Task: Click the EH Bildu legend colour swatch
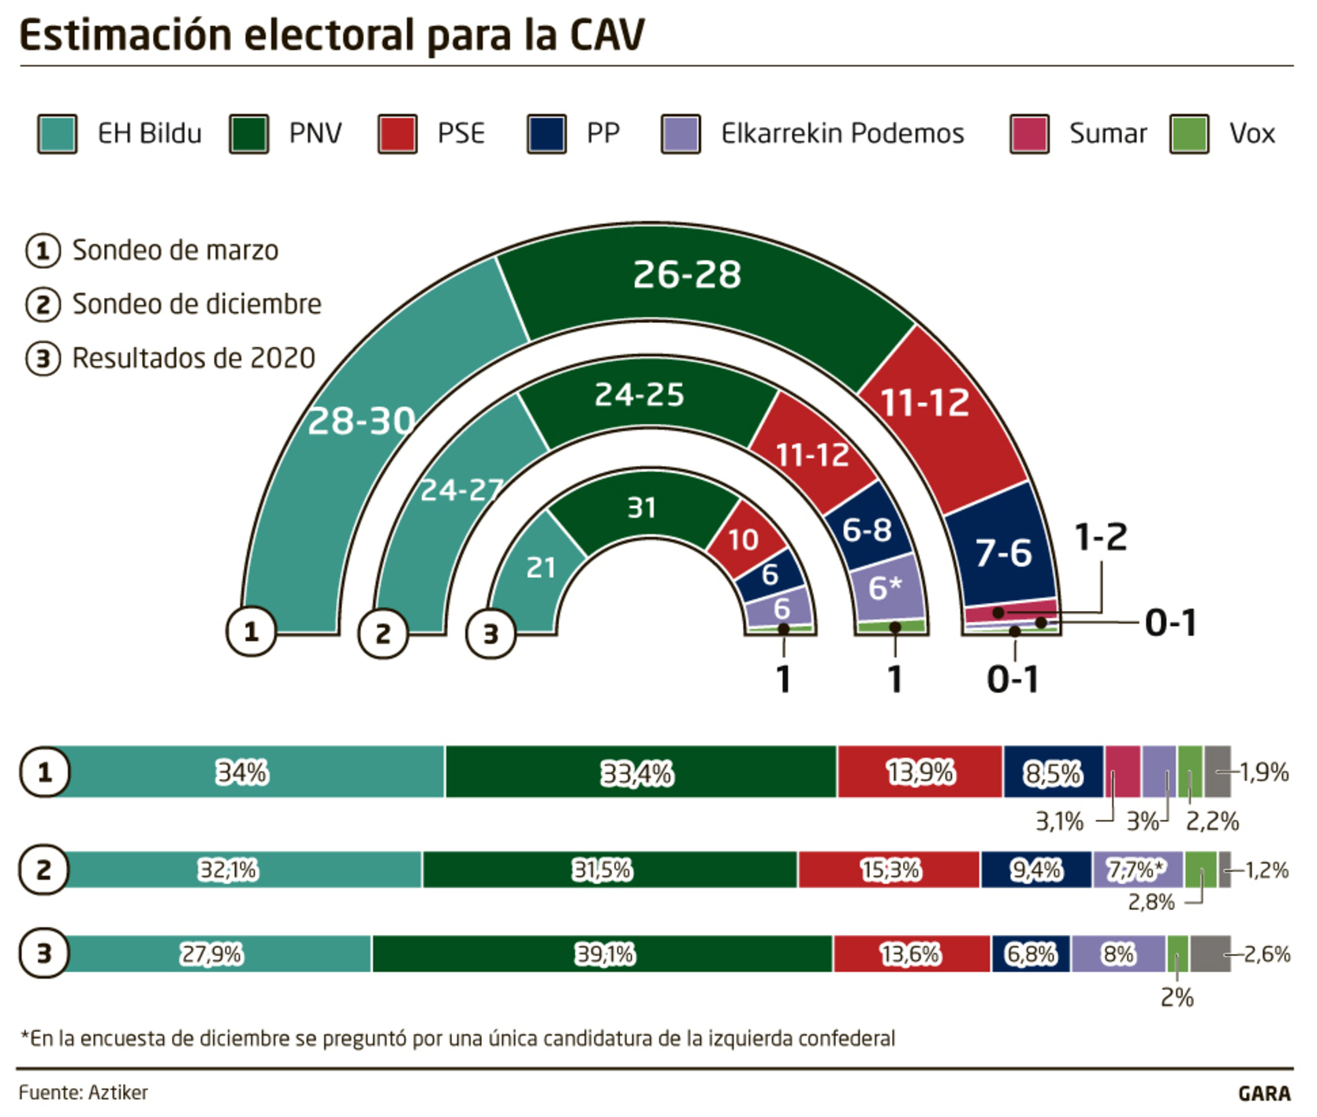tap(57, 133)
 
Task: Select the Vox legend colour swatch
tap(1189, 133)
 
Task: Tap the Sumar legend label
tap(1107, 133)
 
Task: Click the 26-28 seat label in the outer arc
tap(687, 274)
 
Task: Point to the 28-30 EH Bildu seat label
tap(361, 421)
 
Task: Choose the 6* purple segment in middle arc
tap(886, 587)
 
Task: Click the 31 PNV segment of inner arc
tap(641, 508)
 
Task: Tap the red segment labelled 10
tap(743, 540)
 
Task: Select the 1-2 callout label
tap(1101, 538)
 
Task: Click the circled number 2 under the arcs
tap(383, 633)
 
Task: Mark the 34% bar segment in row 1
tap(243, 772)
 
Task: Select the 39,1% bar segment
tap(604, 955)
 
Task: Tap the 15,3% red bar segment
tap(890, 870)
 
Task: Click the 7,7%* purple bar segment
tap(1136, 870)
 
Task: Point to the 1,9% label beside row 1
tap(1263, 772)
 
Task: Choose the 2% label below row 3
tap(1177, 998)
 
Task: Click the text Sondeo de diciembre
tap(196, 304)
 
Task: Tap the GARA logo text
tap(1264, 1093)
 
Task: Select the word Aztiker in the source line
tap(118, 1093)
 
